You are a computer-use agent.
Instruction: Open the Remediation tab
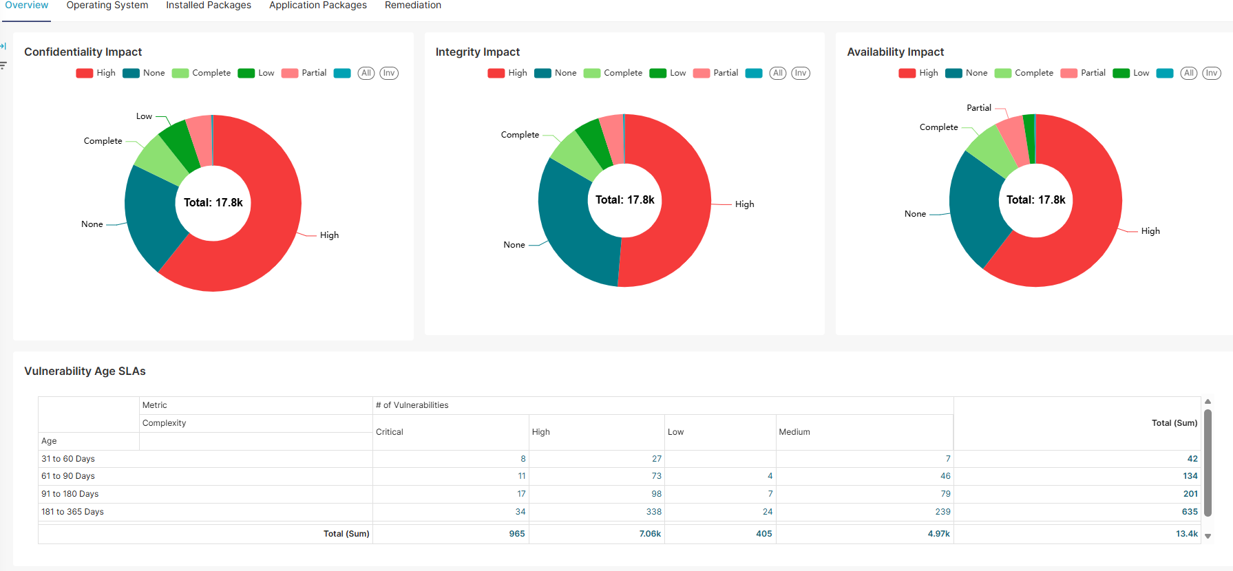click(412, 6)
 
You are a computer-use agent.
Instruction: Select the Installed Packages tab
click(209, 6)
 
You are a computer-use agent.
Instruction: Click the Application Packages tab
click(317, 6)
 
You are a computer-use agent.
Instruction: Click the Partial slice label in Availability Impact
click(978, 108)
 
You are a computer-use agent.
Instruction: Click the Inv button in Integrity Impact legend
click(800, 73)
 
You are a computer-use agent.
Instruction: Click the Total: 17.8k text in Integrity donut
click(624, 200)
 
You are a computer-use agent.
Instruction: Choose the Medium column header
click(794, 432)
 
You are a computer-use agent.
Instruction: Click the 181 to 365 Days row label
click(72, 512)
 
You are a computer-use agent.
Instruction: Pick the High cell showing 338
click(653, 512)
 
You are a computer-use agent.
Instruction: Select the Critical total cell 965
click(516, 534)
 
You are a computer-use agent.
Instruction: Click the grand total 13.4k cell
click(1186, 534)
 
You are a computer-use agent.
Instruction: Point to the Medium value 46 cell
click(945, 476)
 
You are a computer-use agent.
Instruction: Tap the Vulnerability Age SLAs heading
click(85, 371)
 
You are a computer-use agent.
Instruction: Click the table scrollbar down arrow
click(1208, 536)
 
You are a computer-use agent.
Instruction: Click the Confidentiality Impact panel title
click(83, 52)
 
